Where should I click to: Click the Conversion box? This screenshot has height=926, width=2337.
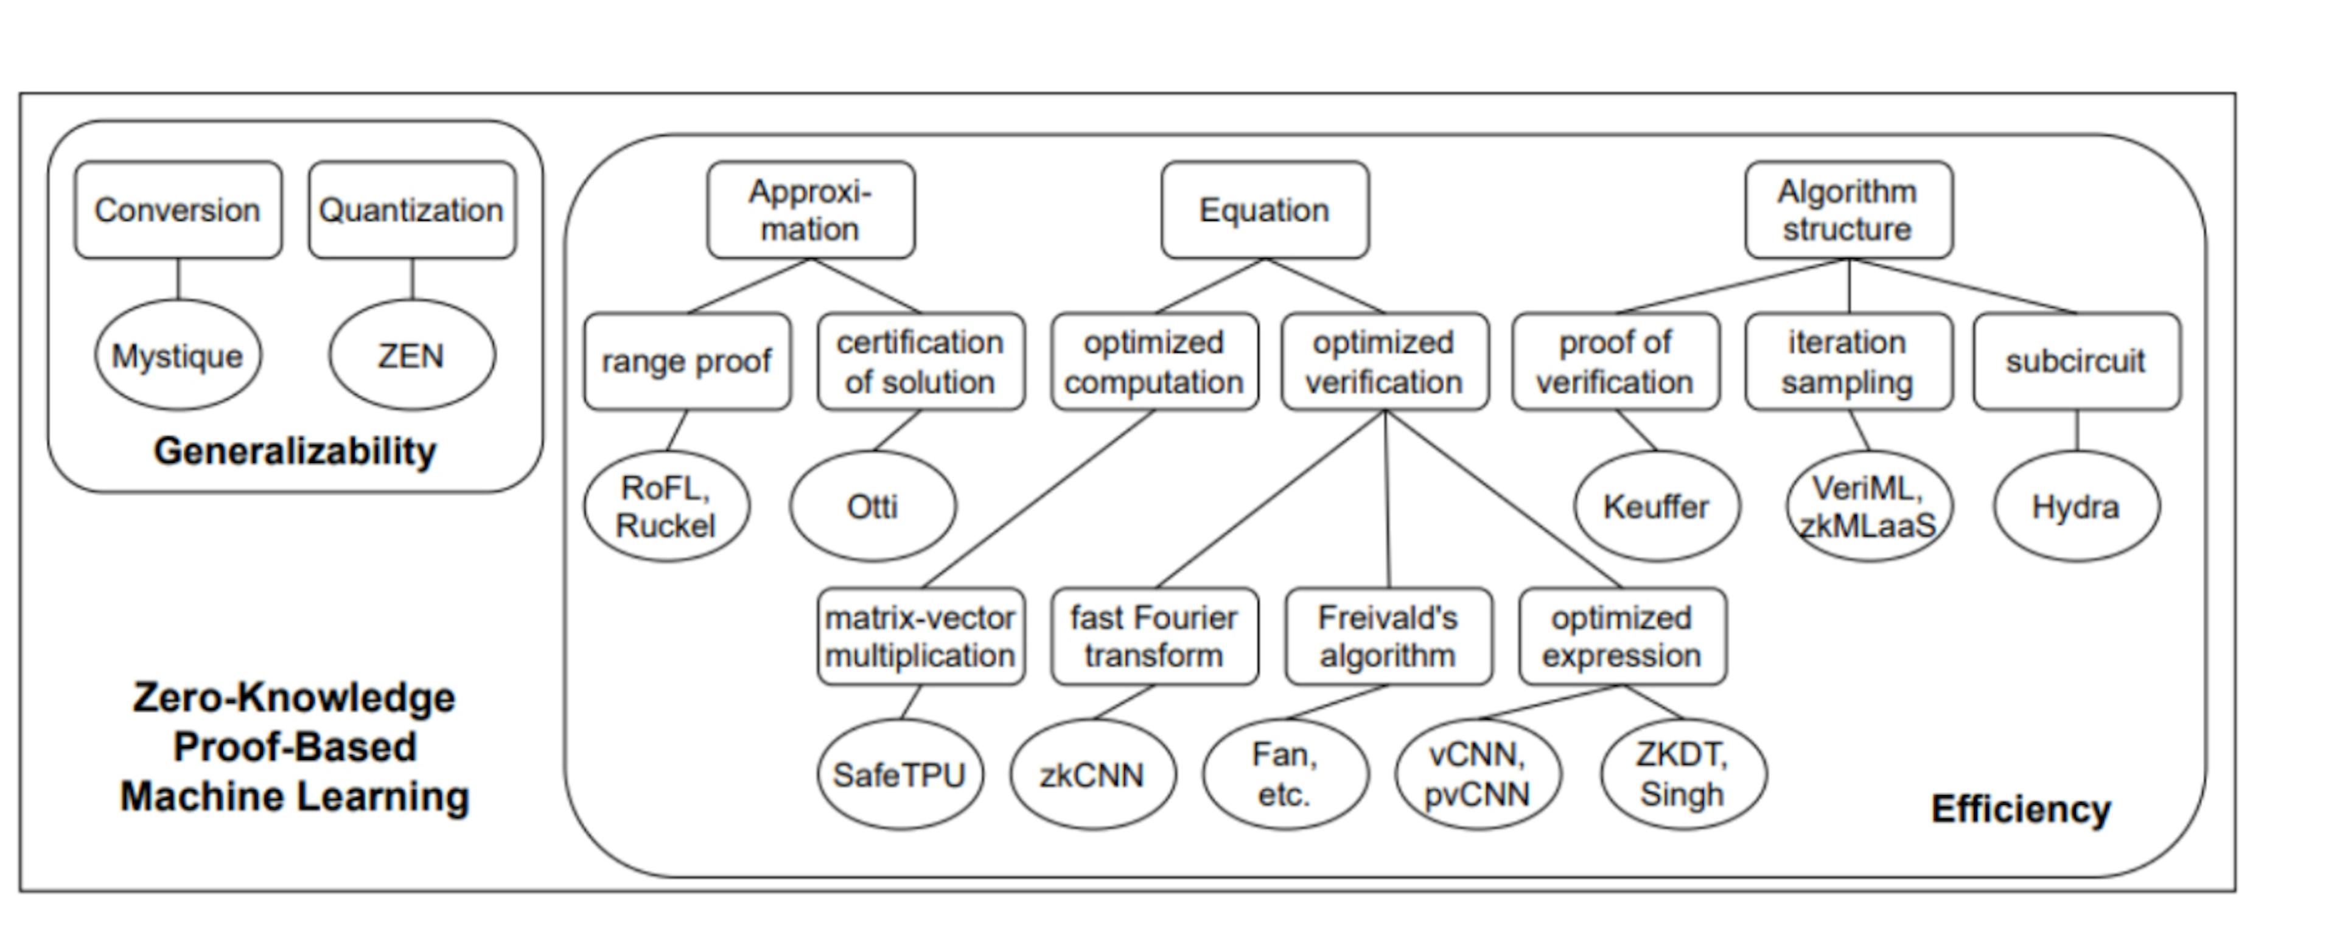[x=178, y=211]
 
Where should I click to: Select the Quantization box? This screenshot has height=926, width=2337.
[x=412, y=211]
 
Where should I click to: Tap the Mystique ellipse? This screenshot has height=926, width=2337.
[x=178, y=355]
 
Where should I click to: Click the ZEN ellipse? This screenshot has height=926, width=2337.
[x=412, y=355]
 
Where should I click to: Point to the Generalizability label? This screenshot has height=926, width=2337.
[x=295, y=451]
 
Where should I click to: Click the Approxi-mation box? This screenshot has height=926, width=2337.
[x=810, y=211]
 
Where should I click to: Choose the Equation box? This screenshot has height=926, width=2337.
[x=1265, y=211]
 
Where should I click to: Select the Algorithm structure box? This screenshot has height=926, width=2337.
[x=1848, y=211]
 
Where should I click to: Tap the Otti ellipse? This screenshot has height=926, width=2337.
[x=872, y=506]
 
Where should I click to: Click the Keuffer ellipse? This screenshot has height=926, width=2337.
[x=1657, y=506]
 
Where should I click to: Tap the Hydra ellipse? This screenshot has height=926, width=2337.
[x=2076, y=506]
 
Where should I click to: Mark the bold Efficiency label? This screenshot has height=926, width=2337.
[x=2021, y=808]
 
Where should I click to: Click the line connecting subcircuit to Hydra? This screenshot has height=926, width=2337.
[x=2077, y=430]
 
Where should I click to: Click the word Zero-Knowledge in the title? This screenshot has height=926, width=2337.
[x=295, y=697]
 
